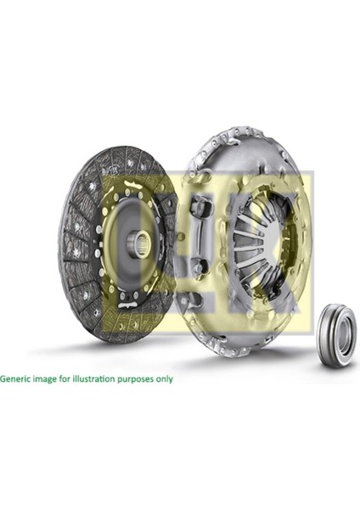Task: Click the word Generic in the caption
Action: pyautogui.click(x=17, y=378)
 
